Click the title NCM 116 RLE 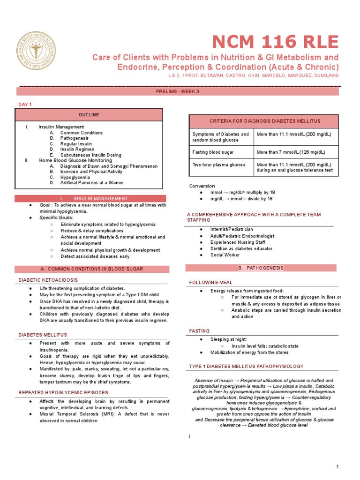(275, 42)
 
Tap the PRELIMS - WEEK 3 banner (178, 91)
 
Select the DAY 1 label (24, 104)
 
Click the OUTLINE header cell (89, 115)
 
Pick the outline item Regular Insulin (76, 144)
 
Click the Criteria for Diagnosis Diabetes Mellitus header (262, 121)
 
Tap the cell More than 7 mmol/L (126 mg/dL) (290, 152)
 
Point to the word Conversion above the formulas (202, 186)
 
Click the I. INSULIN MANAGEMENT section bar (90, 199)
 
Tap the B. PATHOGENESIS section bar (262, 268)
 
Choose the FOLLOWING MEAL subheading (210, 283)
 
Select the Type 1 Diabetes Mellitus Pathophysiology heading (246, 366)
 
